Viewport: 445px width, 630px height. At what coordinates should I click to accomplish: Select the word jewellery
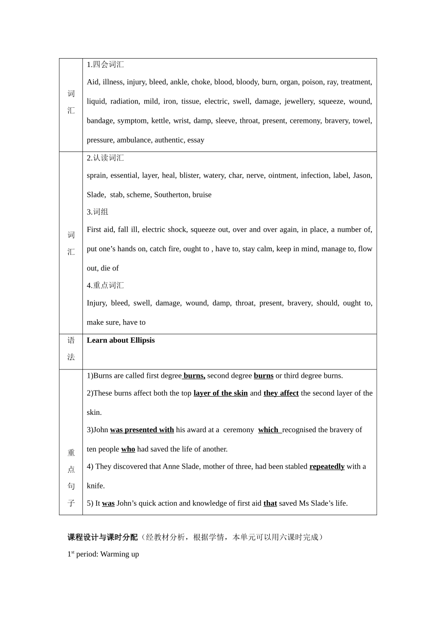click(x=299, y=101)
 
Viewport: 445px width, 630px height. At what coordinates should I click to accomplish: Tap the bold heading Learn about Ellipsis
click(x=120, y=340)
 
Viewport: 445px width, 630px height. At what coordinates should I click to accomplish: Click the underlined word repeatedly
click(x=327, y=466)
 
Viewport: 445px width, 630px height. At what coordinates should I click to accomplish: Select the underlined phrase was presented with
click(x=142, y=430)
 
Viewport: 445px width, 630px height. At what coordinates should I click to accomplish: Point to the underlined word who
click(x=128, y=449)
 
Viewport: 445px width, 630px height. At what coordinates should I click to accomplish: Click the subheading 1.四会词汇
click(x=105, y=65)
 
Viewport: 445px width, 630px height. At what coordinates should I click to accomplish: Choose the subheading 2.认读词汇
click(x=105, y=158)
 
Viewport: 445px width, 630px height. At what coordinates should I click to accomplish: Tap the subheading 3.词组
click(x=97, y=212)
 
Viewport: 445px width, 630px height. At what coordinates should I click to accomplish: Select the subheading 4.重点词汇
click(x=105, y=285)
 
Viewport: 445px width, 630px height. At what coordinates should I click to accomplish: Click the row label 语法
click(x=71, y=349)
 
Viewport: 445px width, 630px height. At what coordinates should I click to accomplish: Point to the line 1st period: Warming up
click(x=103, y=554)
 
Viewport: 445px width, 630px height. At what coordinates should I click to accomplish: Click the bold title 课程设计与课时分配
click(x=103, y=537)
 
